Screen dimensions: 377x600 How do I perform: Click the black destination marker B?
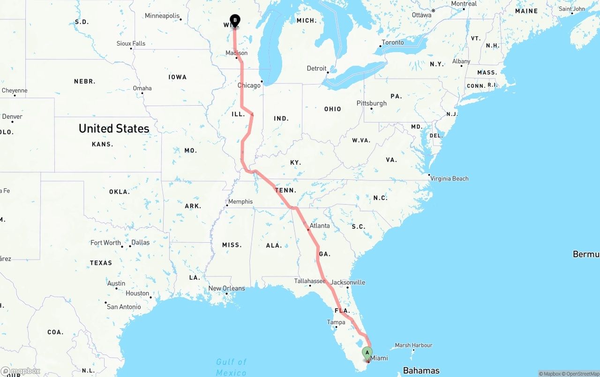(235, 21)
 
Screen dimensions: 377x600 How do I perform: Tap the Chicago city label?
(249, 85)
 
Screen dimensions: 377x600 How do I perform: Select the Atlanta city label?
(320, 226)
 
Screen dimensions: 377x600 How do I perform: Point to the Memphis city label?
(240, 202)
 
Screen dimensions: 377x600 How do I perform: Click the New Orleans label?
(226, 288)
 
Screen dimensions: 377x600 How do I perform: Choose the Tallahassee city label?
(310, 281)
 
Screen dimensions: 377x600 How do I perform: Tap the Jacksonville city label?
(348, 283)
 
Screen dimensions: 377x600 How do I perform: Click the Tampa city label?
(336, 323)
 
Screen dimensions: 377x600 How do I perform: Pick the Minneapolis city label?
(162, 16)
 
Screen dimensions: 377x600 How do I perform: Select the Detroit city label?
(316, 69)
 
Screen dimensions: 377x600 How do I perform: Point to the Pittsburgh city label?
(372, 103)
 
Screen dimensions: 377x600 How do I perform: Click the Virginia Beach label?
(450, 178)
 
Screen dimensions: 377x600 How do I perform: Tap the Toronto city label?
(393, 43)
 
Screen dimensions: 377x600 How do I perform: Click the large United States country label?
(114, 128)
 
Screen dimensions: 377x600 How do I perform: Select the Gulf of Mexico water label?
(231, 367)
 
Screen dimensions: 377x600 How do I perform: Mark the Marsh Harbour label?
(413, 346)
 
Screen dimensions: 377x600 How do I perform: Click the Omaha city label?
(142, 88)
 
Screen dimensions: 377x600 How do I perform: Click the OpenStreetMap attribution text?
(582, 374)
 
